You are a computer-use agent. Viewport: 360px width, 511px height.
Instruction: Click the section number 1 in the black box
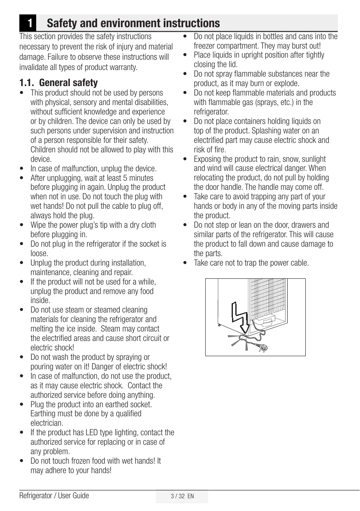coord(28,23)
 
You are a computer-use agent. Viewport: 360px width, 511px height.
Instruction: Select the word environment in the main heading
coord(128,23)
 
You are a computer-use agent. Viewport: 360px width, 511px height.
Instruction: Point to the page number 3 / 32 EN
coord(182,496)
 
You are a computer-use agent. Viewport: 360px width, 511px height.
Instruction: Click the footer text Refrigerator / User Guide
coord(54,495)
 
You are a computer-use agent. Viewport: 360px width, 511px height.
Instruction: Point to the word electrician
coord(46,423)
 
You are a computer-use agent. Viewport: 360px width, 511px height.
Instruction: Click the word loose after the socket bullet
coord(39,254)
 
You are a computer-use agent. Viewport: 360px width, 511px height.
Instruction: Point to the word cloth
coord(147,225)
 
